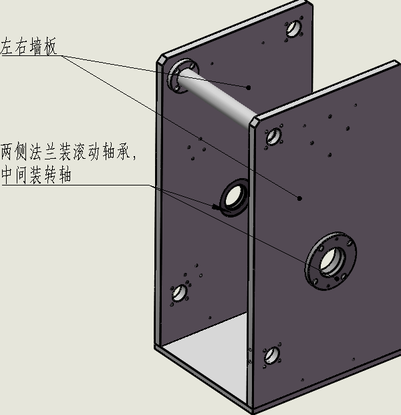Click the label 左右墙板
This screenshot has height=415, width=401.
[29, 47]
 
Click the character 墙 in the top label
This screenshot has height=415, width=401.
[37, 47]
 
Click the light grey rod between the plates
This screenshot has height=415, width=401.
[221, 97]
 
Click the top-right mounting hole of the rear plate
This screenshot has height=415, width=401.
[293, 29]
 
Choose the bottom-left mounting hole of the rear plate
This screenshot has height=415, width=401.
[179, 292]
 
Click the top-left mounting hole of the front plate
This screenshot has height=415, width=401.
[273, 137]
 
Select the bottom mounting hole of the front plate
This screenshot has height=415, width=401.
[271, 354]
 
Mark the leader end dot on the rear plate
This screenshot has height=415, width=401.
[249, 87]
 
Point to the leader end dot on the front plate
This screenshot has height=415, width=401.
[299, 197]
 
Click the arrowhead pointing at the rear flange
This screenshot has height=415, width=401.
[217, 207]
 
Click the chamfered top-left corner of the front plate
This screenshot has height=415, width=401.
[257, 121]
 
